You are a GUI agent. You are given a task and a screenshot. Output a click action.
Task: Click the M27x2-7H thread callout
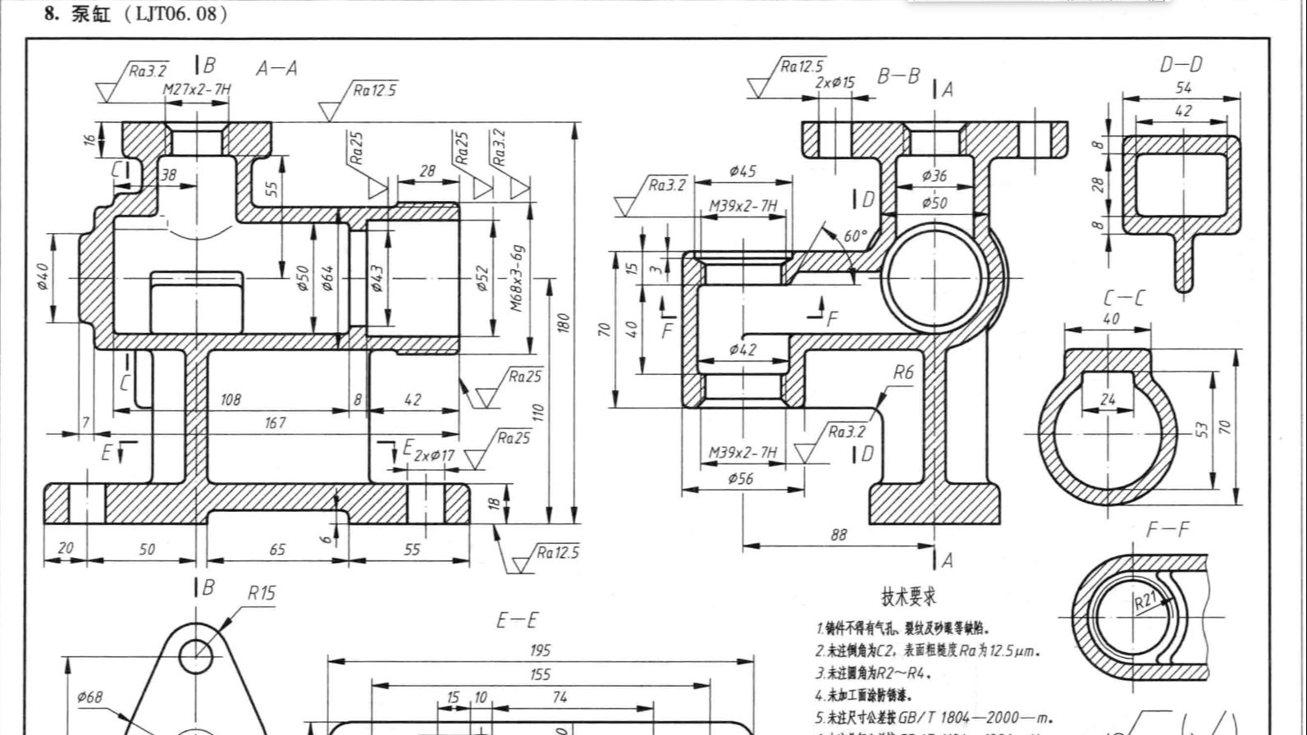(196, 89)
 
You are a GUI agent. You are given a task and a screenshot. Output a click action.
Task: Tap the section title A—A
(276, 68)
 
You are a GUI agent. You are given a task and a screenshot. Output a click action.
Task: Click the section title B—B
(898, 76)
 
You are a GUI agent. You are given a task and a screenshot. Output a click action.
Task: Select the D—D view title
(1181, 64)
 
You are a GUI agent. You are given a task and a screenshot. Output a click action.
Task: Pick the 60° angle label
(855, 236)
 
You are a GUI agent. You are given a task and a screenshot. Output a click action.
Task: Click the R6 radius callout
(903, 372)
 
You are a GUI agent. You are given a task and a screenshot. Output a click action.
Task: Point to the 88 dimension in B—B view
(838, 535)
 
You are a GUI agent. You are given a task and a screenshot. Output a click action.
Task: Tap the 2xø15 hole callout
(835, 83)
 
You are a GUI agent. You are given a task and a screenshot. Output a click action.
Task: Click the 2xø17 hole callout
(433, 455)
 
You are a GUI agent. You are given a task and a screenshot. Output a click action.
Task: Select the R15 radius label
(262, 592)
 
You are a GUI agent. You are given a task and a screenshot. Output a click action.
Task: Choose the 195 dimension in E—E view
(539, 651)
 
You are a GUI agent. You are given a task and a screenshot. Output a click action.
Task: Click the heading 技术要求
(909, 596)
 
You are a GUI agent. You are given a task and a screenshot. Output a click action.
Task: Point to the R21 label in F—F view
(1145, 601)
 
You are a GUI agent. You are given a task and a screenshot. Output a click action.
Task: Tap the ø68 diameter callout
(89, 697)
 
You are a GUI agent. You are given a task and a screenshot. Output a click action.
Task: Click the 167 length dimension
(275, 422)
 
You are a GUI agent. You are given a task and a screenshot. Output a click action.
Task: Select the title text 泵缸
(90, 14)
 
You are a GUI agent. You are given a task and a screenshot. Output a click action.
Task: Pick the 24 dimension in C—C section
(1108, 399)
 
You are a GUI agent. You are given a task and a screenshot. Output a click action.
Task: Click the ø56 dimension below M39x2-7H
(740, 479)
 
